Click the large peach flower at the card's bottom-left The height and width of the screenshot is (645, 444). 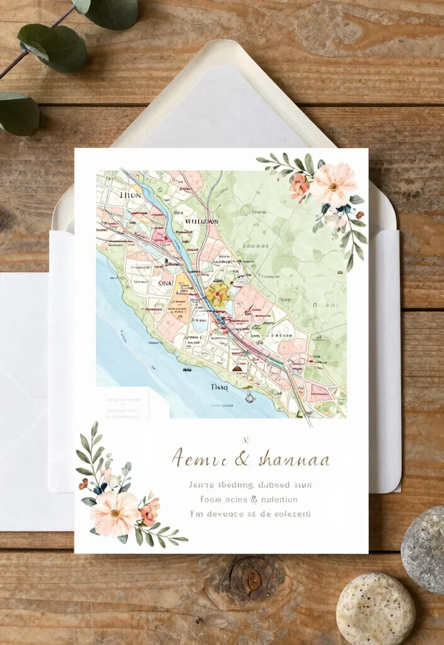point(114,513)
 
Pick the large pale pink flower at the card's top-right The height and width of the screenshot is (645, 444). point(334,184)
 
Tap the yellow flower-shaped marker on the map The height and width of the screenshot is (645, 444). point(218,294)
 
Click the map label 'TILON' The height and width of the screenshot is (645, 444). point(130,196)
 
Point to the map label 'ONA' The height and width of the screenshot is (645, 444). point(164,283)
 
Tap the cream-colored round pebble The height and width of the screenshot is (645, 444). point(375,608)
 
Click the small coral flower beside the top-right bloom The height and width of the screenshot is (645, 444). point(300,187)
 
